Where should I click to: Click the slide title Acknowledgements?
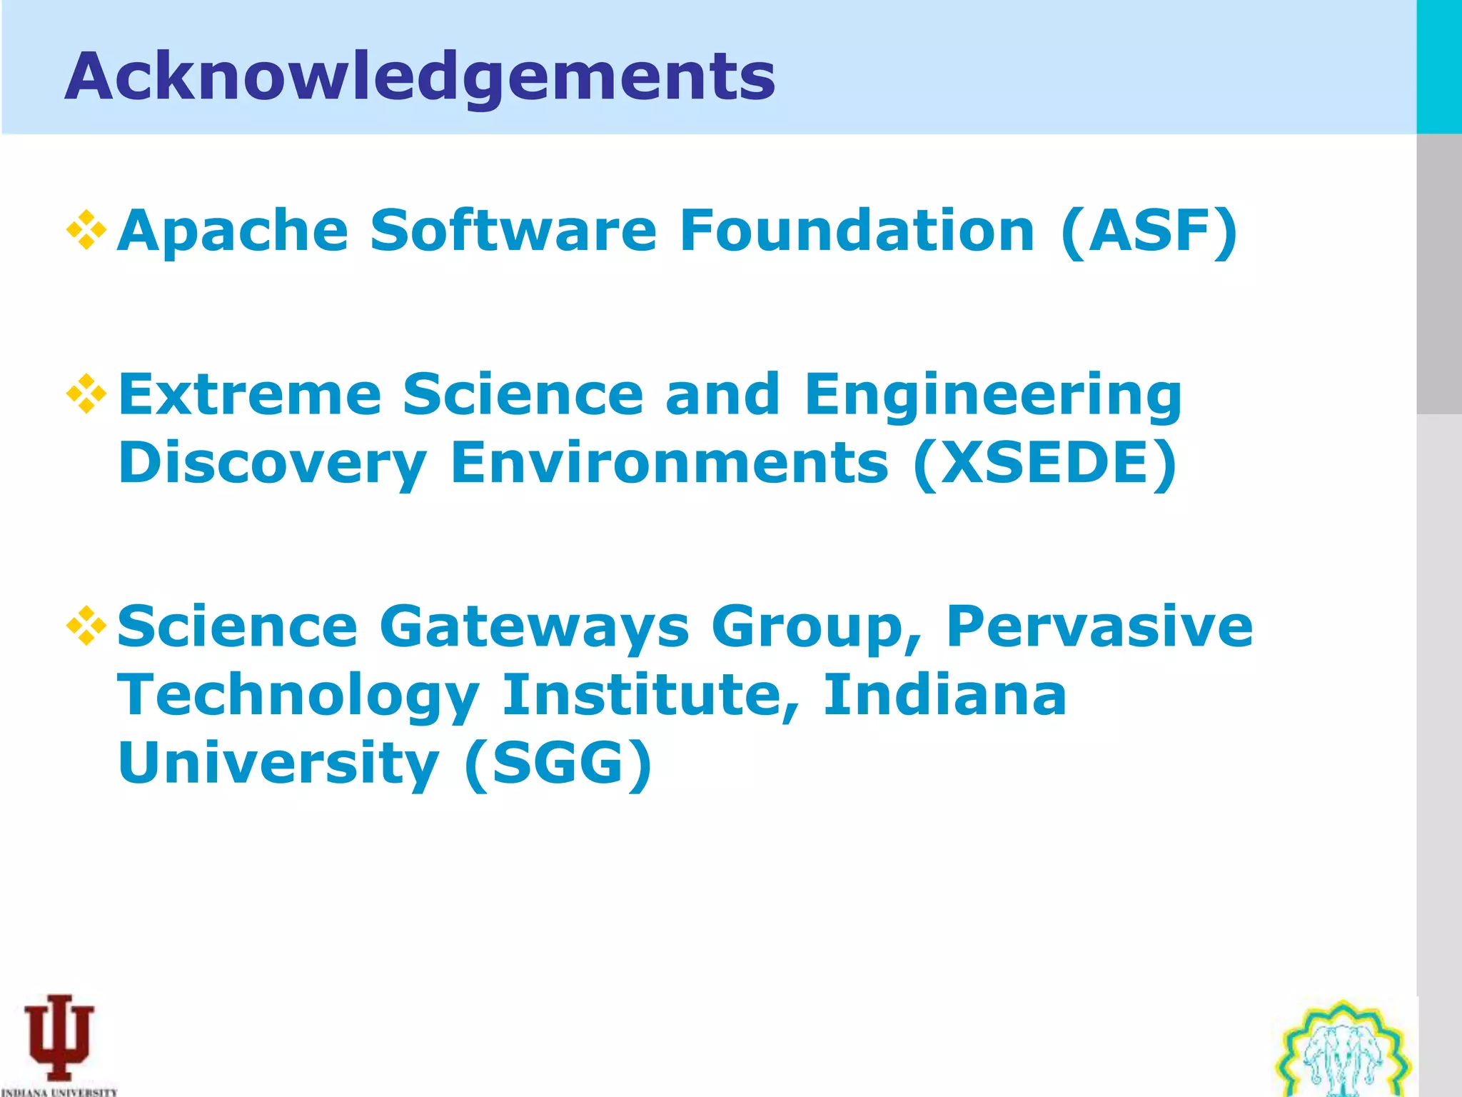[x=420, y=77]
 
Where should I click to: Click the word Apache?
[x=233, y=231]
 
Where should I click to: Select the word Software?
[x=513, y=230]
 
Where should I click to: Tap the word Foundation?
[x=857, y=230]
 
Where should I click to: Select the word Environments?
[x=670, y=463]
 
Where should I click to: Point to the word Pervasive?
[x=1099, y=626]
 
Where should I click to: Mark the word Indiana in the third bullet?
[x=944, y=695]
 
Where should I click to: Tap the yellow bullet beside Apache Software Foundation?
[x=86, y=230]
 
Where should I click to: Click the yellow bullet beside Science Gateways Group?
[x=86, y=626]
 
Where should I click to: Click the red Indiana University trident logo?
[x=59, y=1037]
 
